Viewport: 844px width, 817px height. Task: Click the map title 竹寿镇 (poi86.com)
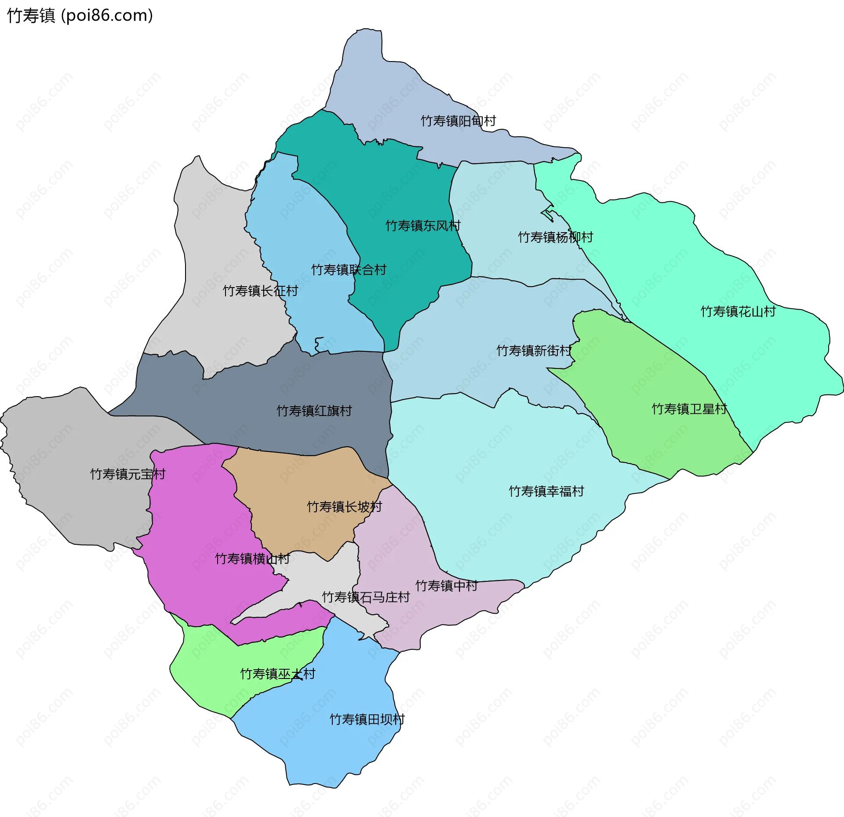(80, 15)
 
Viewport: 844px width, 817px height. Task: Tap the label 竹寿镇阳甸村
(458, 120)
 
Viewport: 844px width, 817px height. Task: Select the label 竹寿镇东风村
(423, 226)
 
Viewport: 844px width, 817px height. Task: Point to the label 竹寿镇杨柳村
(555, 237)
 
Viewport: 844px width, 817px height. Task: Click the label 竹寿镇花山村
(738, 311)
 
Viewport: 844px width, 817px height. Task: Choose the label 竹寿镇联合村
(349, 270)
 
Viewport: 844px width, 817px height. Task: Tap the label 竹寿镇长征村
(260, 291)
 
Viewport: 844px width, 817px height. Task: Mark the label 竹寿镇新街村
(534, 350)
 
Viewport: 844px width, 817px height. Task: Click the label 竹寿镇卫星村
(689, 409)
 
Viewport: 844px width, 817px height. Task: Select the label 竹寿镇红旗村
(314, 411)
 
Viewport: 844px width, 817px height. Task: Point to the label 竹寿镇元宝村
(127, 474)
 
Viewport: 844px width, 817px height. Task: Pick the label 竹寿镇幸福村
(546, 491)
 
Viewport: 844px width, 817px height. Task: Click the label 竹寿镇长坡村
(344, 507)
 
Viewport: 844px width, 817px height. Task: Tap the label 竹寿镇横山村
(252, 558)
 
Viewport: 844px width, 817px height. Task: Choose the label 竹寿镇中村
(446, 586)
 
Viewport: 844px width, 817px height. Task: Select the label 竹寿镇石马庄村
(366, 597)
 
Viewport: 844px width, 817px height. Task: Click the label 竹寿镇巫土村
(277, 674)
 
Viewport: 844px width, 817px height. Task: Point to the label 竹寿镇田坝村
(367, 719)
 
